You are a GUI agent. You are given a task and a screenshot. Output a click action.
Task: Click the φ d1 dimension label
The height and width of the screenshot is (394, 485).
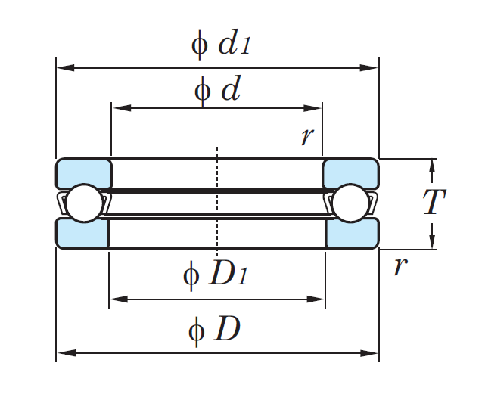219,44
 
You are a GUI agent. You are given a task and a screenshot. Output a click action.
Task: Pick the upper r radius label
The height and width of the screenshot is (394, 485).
307,136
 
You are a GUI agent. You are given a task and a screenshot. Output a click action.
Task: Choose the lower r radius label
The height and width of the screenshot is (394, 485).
400,266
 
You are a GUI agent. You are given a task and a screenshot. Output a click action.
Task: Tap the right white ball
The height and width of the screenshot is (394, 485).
352,203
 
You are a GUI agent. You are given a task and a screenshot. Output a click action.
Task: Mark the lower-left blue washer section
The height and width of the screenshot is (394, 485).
82,233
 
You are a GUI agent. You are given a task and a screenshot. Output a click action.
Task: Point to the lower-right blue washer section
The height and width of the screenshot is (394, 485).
352,233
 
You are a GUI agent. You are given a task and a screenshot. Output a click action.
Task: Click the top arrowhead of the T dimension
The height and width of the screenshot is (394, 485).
432,164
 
